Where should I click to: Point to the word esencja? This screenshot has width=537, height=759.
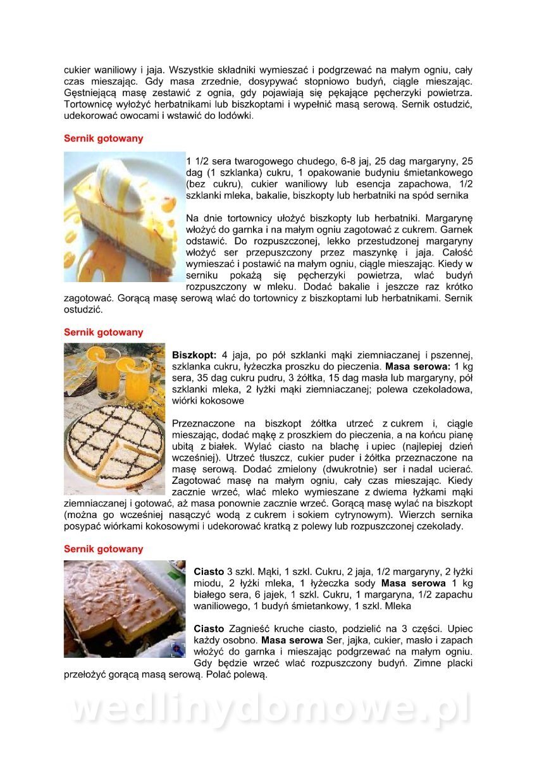371,183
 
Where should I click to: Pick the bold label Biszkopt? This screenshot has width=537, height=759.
194,355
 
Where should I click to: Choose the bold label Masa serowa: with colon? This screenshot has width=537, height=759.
417,366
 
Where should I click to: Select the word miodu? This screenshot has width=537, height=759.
207,583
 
